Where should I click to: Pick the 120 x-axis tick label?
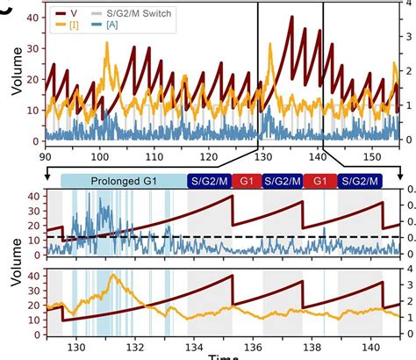(206, 155)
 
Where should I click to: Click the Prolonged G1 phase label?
(123, 180)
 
